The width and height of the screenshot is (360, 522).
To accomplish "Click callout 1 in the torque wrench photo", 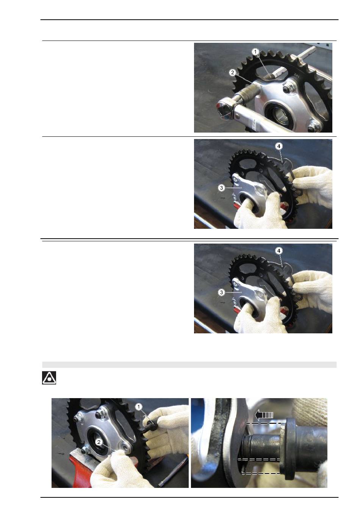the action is [x=255, y=52].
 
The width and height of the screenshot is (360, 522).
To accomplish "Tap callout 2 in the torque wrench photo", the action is [x=232, y=72].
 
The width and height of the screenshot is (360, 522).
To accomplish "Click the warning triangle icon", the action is [x=49, y=378].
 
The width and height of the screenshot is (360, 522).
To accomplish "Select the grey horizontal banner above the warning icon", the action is [x=189, y=364].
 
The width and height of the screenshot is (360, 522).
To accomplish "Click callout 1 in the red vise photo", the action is [x=138, y=406].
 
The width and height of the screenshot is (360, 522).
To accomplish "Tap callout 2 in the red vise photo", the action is [x=99, y=442].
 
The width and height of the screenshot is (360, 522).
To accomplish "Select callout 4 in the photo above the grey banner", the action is [x=279, y=251].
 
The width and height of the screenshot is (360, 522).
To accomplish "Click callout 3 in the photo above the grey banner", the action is [x=221, y=292].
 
